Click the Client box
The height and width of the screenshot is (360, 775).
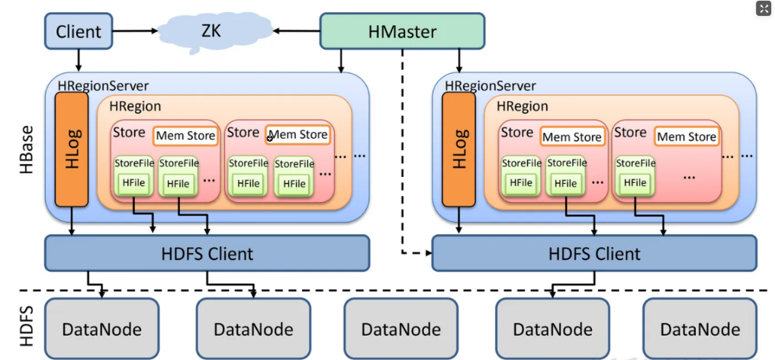78,31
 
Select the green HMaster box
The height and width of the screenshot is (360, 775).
401,31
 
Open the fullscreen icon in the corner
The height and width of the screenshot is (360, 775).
764,8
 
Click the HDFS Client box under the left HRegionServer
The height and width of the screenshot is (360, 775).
207,252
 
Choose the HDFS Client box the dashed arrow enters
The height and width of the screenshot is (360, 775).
594,252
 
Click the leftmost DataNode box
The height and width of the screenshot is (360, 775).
101,329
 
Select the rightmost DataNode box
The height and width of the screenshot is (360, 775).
699,329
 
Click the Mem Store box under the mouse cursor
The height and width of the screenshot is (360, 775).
297,135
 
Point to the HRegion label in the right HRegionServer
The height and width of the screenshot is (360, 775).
523,107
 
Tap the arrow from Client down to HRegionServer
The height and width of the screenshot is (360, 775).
78,58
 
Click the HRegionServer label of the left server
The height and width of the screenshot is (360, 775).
103,86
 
